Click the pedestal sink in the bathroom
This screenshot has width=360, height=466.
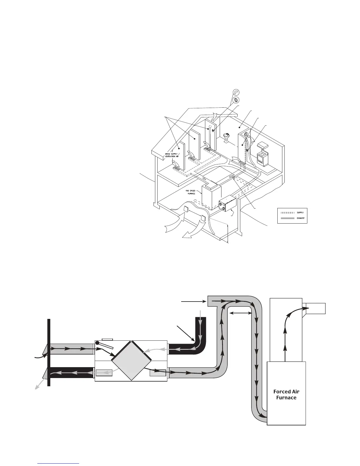[226, 137]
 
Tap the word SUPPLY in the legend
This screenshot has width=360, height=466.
[300, 212]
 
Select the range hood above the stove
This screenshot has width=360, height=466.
[262, 145]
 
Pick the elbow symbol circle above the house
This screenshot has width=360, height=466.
[236, 92]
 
